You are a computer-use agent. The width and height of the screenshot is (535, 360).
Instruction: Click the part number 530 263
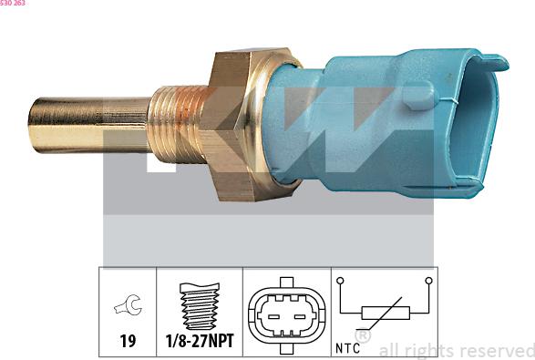13,4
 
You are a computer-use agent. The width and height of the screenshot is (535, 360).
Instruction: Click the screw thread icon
199,303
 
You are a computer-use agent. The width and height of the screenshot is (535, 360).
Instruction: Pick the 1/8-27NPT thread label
199,341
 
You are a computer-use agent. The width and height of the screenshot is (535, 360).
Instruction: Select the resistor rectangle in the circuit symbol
386,313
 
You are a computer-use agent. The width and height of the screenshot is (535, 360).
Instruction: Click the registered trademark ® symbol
363,336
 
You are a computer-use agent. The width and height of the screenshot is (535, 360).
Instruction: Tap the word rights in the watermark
428,350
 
